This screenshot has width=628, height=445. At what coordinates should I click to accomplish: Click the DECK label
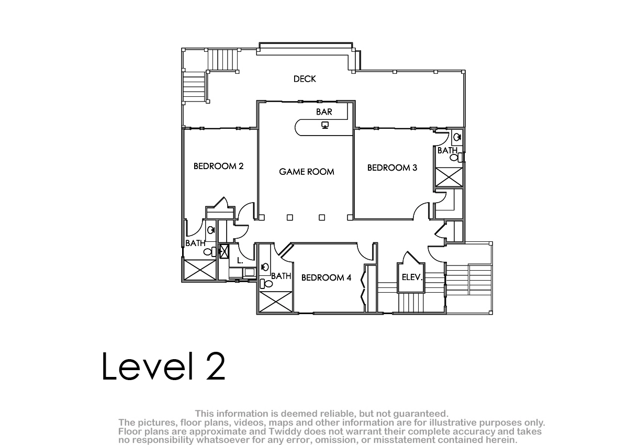(x=305, y=79)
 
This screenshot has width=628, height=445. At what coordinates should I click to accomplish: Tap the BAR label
(x=324, y=112)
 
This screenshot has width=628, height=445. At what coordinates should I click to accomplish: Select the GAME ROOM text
(x=307, y=172)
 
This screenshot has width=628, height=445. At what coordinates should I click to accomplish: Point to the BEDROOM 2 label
(x=218, y=166)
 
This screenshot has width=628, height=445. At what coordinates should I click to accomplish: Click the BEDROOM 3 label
(x=392, y=168)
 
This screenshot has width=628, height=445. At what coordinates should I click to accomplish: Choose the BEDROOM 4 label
(x=326, y=277)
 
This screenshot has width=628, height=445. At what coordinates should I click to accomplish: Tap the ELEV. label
(x=412, y=277)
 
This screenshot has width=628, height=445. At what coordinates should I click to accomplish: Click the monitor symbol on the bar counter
(x=324, y=125)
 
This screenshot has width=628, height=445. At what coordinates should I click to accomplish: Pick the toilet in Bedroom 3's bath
(x=456, y=157)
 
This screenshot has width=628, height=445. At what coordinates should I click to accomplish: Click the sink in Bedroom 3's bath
(x=457, y=137)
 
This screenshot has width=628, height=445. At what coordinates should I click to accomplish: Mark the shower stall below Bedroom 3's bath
(x=449, y=177)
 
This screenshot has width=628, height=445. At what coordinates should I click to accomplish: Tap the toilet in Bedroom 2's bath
(x=210, y=251)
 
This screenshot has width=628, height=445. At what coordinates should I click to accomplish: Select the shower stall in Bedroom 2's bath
(x=200, y=270)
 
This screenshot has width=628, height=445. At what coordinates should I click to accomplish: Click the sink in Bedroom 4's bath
(x=264, y=266)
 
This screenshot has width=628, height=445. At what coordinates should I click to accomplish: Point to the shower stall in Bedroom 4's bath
(x=275, y=302)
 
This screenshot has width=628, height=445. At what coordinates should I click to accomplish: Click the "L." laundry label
(x=240, y=261)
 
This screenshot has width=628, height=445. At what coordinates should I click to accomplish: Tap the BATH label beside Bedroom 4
(x=281, y=276)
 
